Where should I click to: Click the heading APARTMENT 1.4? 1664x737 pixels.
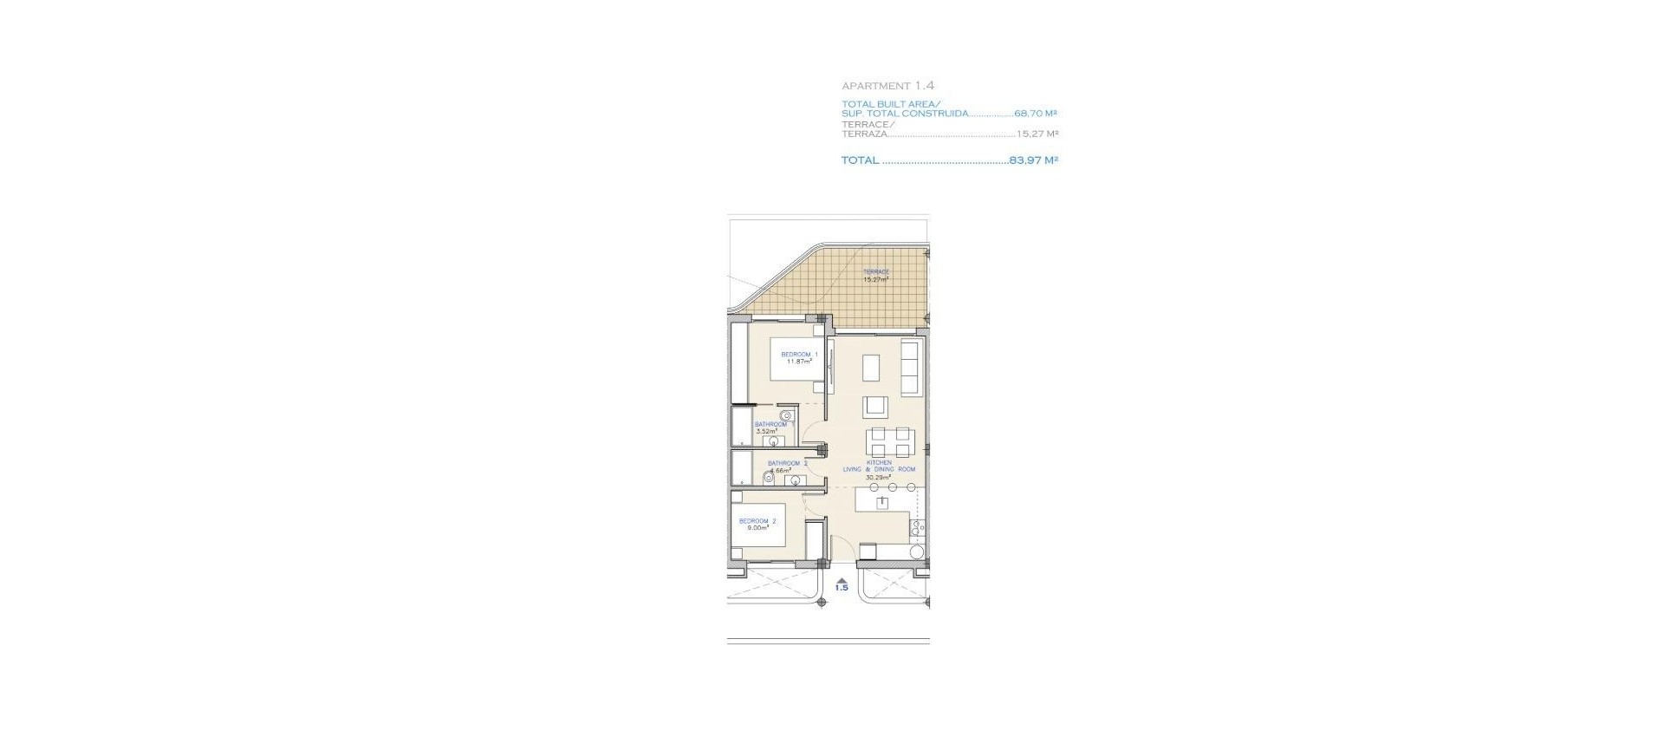(887, 86)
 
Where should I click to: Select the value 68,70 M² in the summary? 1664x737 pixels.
(1036, 114)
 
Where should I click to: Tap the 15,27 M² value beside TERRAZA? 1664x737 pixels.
(1037, 134)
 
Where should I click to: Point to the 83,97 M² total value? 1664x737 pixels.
(1033, 160)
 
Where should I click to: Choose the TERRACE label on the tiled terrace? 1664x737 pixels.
(875, 272)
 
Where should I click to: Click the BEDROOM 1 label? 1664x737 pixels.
(799, 355)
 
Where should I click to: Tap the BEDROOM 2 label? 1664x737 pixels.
(757, 521)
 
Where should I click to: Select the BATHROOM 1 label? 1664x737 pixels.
(770, 425)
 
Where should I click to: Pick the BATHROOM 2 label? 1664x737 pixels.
(787, 463)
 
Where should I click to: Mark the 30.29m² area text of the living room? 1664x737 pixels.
(878, 477)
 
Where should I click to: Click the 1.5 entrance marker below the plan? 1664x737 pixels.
(842, 588)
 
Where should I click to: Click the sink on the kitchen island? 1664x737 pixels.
(882, 502)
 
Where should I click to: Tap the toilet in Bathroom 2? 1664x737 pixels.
(769, 478)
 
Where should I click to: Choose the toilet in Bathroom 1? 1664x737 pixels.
(786, 415)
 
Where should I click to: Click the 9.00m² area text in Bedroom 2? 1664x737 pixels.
(757, 528)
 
